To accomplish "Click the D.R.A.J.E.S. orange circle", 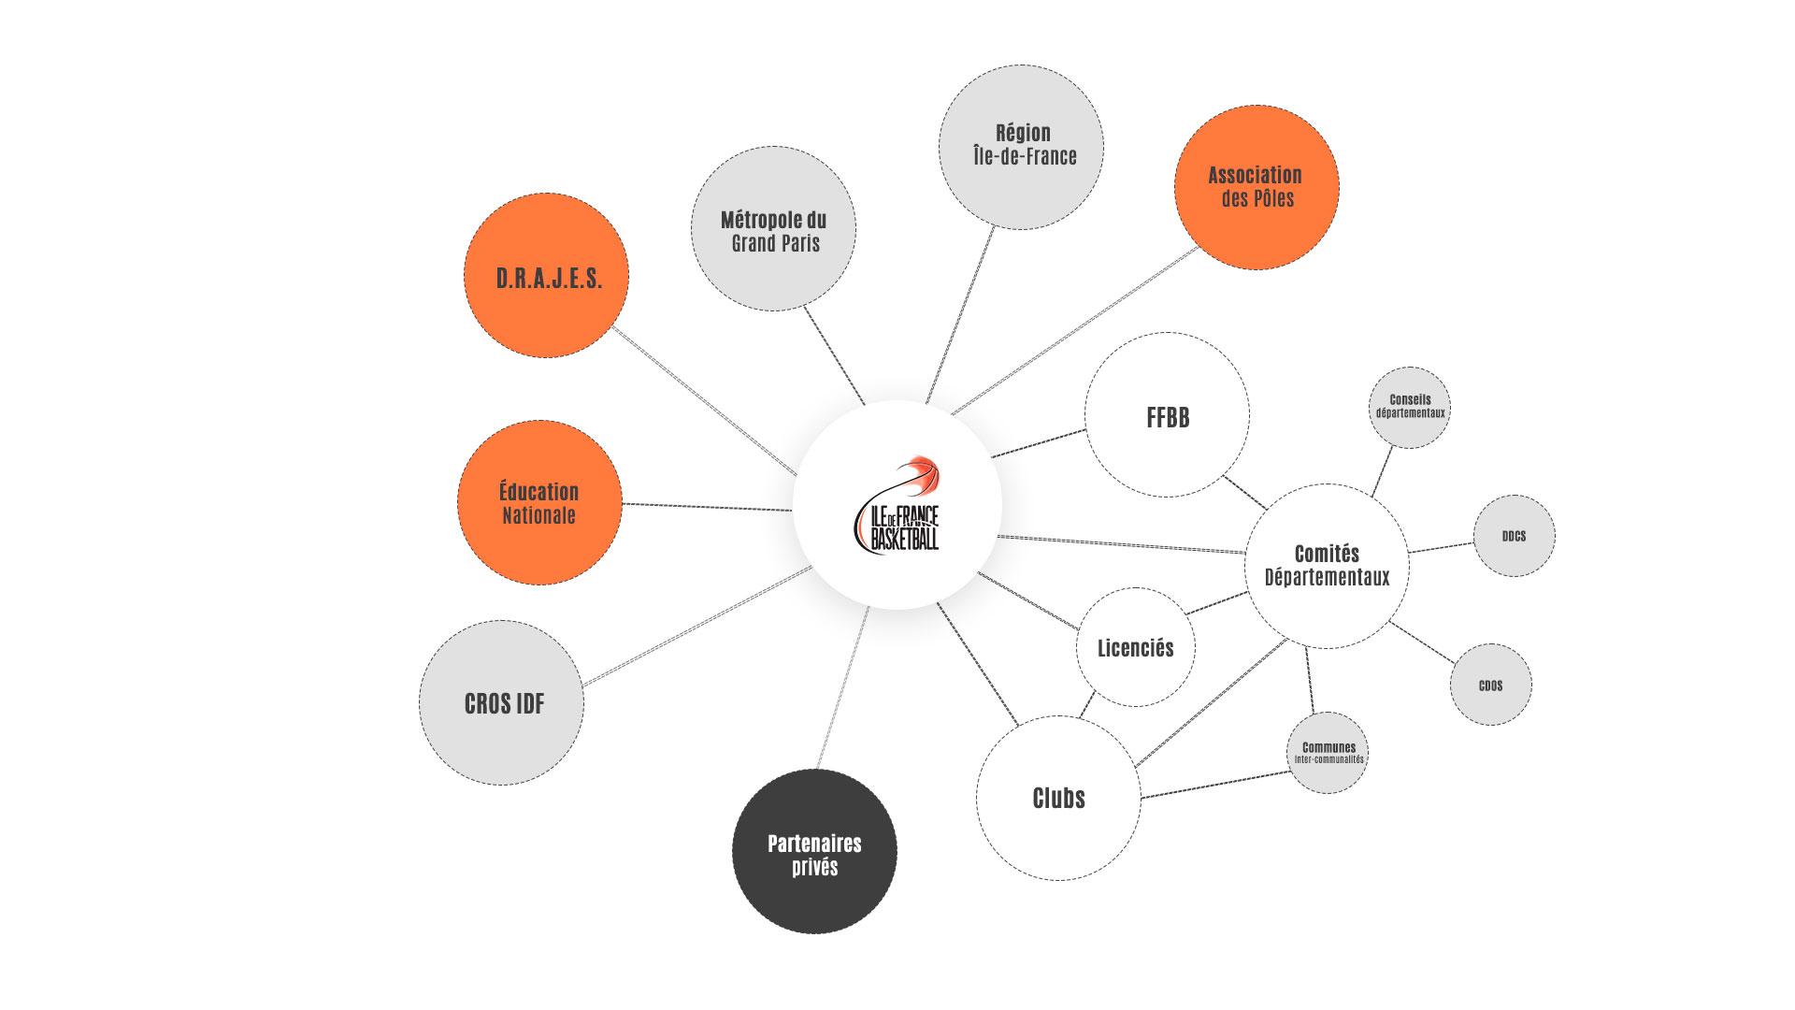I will [546, 276].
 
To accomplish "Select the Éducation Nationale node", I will [539, 503].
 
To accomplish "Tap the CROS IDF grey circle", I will [502, 703].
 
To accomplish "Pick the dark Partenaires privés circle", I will [814, 852].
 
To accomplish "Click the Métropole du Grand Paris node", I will [773, 229].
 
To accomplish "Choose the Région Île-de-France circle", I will [1022, 147].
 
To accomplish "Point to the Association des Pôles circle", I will [1256, 187].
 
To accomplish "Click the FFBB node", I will [1167, 415].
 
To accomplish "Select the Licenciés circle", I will [1136, 647].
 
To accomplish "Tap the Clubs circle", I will [1058, 798].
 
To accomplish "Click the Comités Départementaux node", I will [1327, 566].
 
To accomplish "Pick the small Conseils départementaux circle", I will [1410, 407].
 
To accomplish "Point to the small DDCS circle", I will [1515, 536].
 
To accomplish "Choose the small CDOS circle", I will [1491, 685].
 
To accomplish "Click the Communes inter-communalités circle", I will [1328, 753].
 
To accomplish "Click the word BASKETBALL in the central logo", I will [904, 539].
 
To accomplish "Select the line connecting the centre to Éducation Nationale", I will [708, 507].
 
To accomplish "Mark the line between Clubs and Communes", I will [1215, 785].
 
